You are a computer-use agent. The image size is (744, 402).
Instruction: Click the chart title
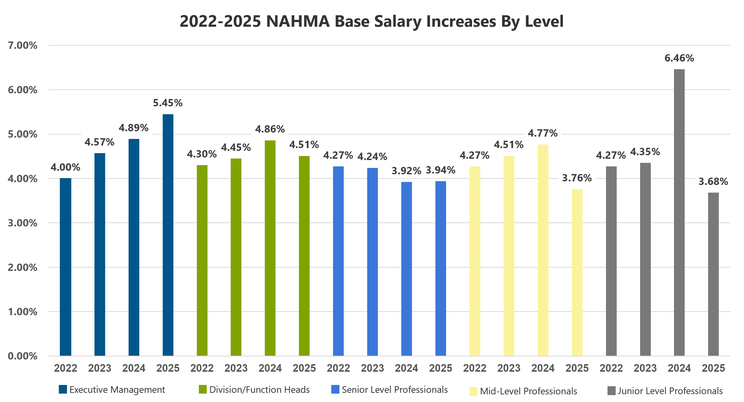(x=371, y=21)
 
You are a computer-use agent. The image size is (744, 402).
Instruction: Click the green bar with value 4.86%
(x=270, y=248)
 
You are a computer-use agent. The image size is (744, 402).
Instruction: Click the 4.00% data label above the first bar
(x=65, y=167)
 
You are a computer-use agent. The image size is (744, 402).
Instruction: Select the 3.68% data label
(x=713, y=181)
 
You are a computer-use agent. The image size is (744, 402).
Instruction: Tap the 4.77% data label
(x=543, y=133)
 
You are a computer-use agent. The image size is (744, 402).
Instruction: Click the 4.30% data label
(x=202, y=154)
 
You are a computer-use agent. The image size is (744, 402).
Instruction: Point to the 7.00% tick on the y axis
(x=22, y=45)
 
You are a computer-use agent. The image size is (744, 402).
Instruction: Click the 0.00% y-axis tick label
(x=22, y=356)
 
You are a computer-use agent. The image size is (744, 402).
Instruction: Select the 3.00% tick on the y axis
(x=22, y=223)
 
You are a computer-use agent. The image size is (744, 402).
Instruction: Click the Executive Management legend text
(x=117, y=390)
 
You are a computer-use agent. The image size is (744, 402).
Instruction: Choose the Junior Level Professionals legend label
(x=670, y=391)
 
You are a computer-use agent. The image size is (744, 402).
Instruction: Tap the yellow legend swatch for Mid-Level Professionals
(x=473, y=391)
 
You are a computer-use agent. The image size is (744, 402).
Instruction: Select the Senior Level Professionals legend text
(x=395, y=390)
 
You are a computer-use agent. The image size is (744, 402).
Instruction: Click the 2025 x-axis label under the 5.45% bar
(x=168, y=368)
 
